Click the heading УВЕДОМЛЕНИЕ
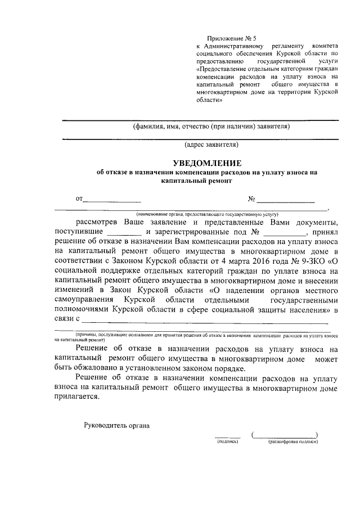(202, 163)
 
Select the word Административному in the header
(236, 44)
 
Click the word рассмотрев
(102, 222)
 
